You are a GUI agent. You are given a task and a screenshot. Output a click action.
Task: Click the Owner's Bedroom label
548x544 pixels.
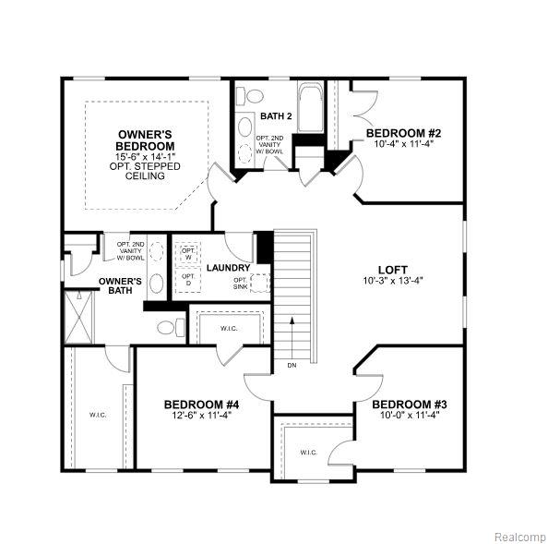[x=145, y=140]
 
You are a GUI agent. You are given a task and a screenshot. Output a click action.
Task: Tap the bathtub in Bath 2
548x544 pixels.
[x=311, y=107]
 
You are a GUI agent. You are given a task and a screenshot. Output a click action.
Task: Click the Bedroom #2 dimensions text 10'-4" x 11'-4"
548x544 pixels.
[x=404, y=143]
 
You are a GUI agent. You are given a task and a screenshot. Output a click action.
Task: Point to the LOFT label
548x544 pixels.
[x=393, y=270]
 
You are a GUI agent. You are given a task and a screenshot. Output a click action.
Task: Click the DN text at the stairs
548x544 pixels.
[x=292, y=365]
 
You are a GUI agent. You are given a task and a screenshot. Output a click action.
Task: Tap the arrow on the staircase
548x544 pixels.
[x=292, y=337]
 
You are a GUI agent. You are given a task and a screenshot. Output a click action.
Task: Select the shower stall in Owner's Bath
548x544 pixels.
[x=79, y=318]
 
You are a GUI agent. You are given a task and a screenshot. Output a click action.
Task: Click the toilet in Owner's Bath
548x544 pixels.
[x=171, y=328]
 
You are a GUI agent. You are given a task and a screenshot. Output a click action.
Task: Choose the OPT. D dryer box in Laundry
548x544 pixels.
[x=188, y=280]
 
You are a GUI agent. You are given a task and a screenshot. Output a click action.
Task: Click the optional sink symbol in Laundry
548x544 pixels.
[x=260, y=283]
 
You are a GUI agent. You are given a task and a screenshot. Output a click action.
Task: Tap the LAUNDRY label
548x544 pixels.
[x=229, y=268]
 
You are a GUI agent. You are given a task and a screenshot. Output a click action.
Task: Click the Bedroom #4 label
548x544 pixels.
[x=202, y=405]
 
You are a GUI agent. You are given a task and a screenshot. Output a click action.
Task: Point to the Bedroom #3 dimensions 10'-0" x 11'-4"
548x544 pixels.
[x=410, y=415]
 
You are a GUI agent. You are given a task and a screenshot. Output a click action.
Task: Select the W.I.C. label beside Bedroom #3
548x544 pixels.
[x=309, y=453]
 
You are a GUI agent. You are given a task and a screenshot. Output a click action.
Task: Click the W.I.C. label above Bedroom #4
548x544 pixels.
[x=230, y=329]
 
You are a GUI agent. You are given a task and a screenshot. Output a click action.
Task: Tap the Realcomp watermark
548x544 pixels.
[x=520, y=537]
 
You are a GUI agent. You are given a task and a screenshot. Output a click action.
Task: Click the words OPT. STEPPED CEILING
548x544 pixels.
[x=145, y=171]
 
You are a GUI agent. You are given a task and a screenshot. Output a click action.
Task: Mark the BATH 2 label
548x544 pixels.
[x=276, y=115]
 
